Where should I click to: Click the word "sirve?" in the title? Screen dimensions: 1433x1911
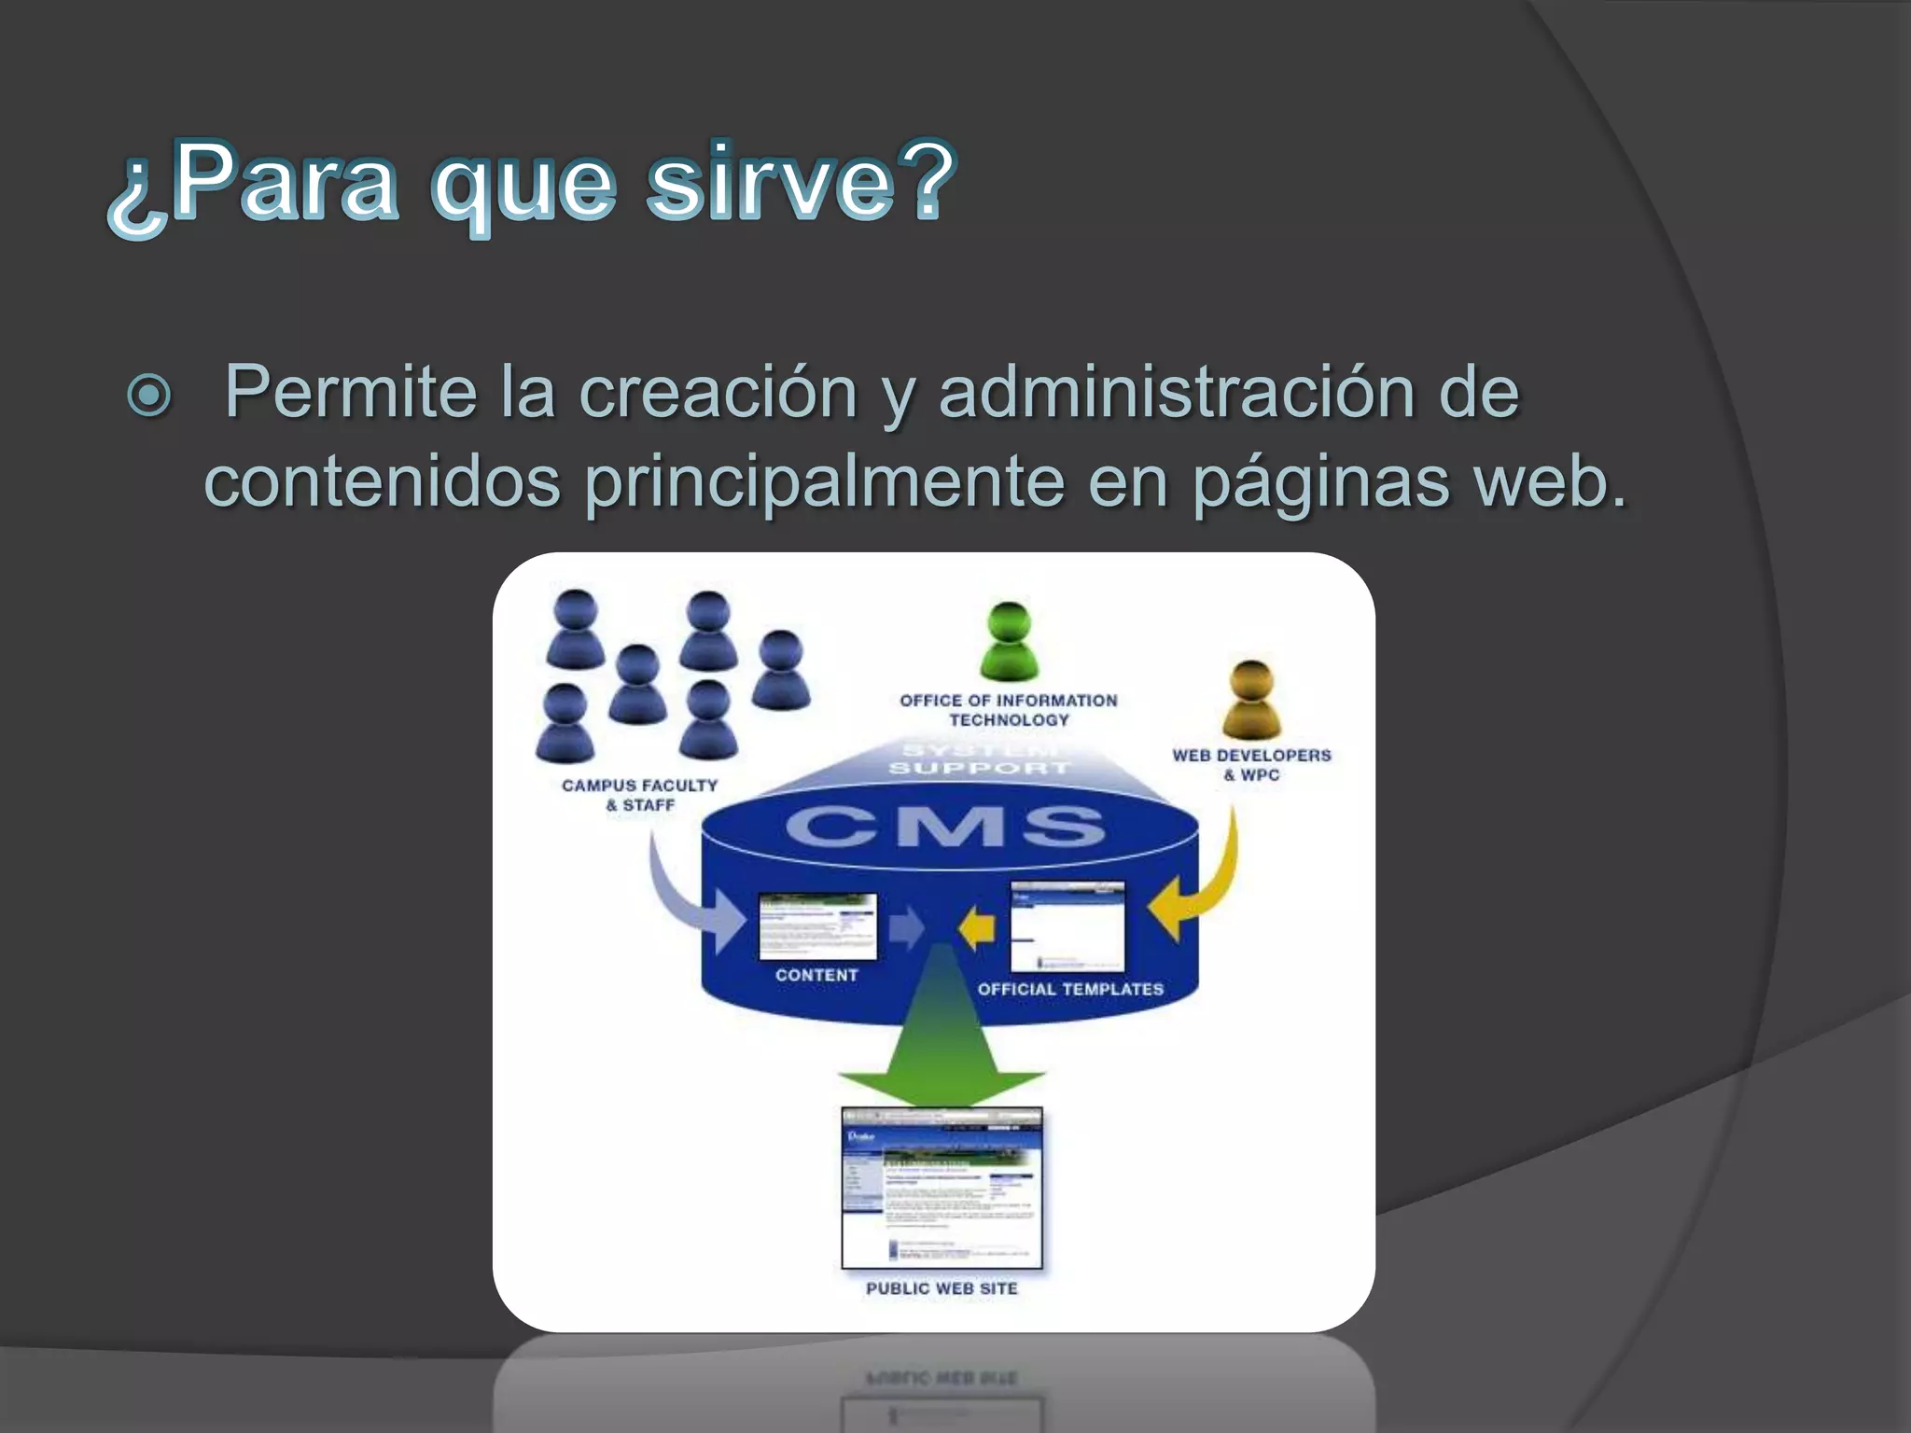coord(801,182)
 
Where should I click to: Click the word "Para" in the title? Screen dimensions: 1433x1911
coord(285,182)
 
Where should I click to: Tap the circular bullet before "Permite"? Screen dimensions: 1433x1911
coord(149,395)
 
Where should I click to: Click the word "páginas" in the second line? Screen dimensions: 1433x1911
coord(1321,482)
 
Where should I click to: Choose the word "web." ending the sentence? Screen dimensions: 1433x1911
coord(1549,482)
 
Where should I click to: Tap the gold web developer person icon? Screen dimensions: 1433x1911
coord(1251,700)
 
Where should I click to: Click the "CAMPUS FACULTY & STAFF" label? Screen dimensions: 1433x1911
coord(640,795)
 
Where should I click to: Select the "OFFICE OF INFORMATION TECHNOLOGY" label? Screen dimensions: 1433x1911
coord(1009,710)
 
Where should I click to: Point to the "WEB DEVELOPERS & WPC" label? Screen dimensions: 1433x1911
coord(1251,765)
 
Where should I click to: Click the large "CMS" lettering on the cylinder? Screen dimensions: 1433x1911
coord(946,828)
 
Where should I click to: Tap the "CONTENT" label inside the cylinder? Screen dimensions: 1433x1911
coord(816,975)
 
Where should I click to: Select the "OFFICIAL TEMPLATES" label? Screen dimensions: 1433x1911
coord(1070,989)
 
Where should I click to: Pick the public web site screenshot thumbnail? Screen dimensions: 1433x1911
coord(942,1188)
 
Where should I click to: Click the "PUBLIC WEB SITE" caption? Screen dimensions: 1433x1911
coord(942,1288)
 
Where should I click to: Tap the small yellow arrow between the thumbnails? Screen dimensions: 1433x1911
coord(977,929)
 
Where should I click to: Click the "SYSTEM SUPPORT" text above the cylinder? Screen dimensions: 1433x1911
coord(979,759)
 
